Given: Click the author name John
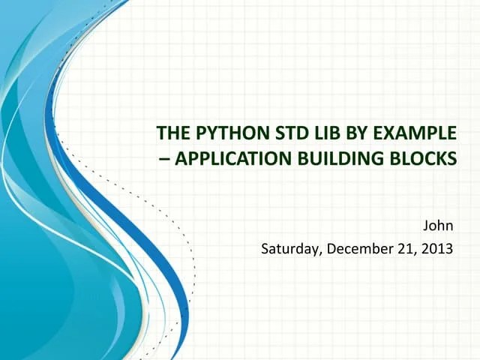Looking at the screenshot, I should tap(439, 225).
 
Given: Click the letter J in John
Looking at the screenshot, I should tap(427, 225).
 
